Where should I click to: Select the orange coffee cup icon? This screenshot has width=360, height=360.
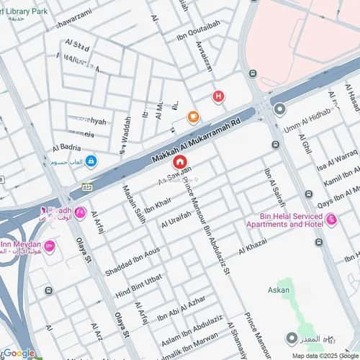coord(193,117)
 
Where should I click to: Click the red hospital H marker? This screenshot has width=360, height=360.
coord(218,97)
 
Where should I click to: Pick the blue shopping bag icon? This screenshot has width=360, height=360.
coord(91,161)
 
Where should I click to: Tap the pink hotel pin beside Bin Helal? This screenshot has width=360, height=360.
coord(331,219)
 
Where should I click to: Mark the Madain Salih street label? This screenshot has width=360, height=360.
coord(130,202)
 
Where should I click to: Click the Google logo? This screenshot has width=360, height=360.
coord(18,353)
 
